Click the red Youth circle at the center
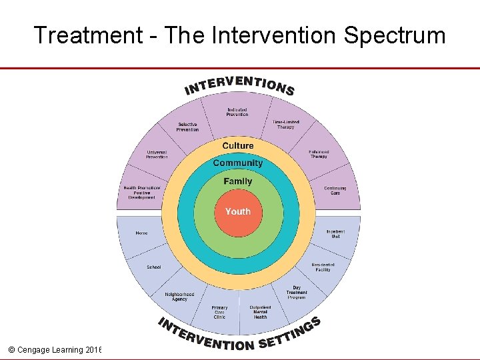coord(238,212)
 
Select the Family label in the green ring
coord(238,181)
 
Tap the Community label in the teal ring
coord(238,163)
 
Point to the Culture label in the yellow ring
coord(238,145)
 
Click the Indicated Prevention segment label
coord(237,112)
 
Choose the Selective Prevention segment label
coord(187,127)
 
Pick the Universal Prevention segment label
coord(157,155)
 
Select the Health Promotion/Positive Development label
coord(142,193)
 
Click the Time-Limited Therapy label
coord(285,125)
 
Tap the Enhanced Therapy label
coord(319,154)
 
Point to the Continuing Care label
coord(335,191)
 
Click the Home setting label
coord(141,233)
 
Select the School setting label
coord(154,267)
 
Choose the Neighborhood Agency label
coord(179,297)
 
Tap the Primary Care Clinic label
coord(219,312)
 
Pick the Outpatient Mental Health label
coord(260,312)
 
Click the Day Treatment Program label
coord(297,293)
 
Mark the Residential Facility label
coord(323,267)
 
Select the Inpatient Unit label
coord(335,234)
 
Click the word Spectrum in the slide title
coord(395,35)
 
